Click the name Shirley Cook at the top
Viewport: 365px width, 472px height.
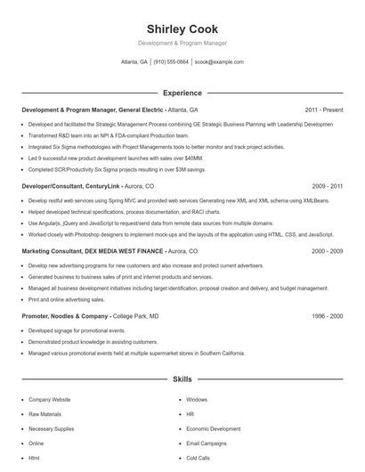[182, 29]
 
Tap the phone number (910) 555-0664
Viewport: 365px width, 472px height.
[171, 62]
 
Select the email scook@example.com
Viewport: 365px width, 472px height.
[218, 62]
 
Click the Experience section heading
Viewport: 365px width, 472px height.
[182, 93]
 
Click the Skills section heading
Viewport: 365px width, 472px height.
[182, 379]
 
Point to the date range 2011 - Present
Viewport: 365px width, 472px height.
[324, 110]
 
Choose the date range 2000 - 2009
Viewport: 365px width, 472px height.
[328, 252]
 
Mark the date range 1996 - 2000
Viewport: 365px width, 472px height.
[328, 316]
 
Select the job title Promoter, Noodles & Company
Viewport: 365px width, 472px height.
[65, 316]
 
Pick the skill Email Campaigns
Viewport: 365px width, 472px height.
[207, 443]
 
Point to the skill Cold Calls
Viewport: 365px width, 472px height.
[198, 457]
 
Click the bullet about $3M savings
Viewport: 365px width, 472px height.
[116, 168]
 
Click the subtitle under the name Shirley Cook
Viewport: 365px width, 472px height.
[182, 43]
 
